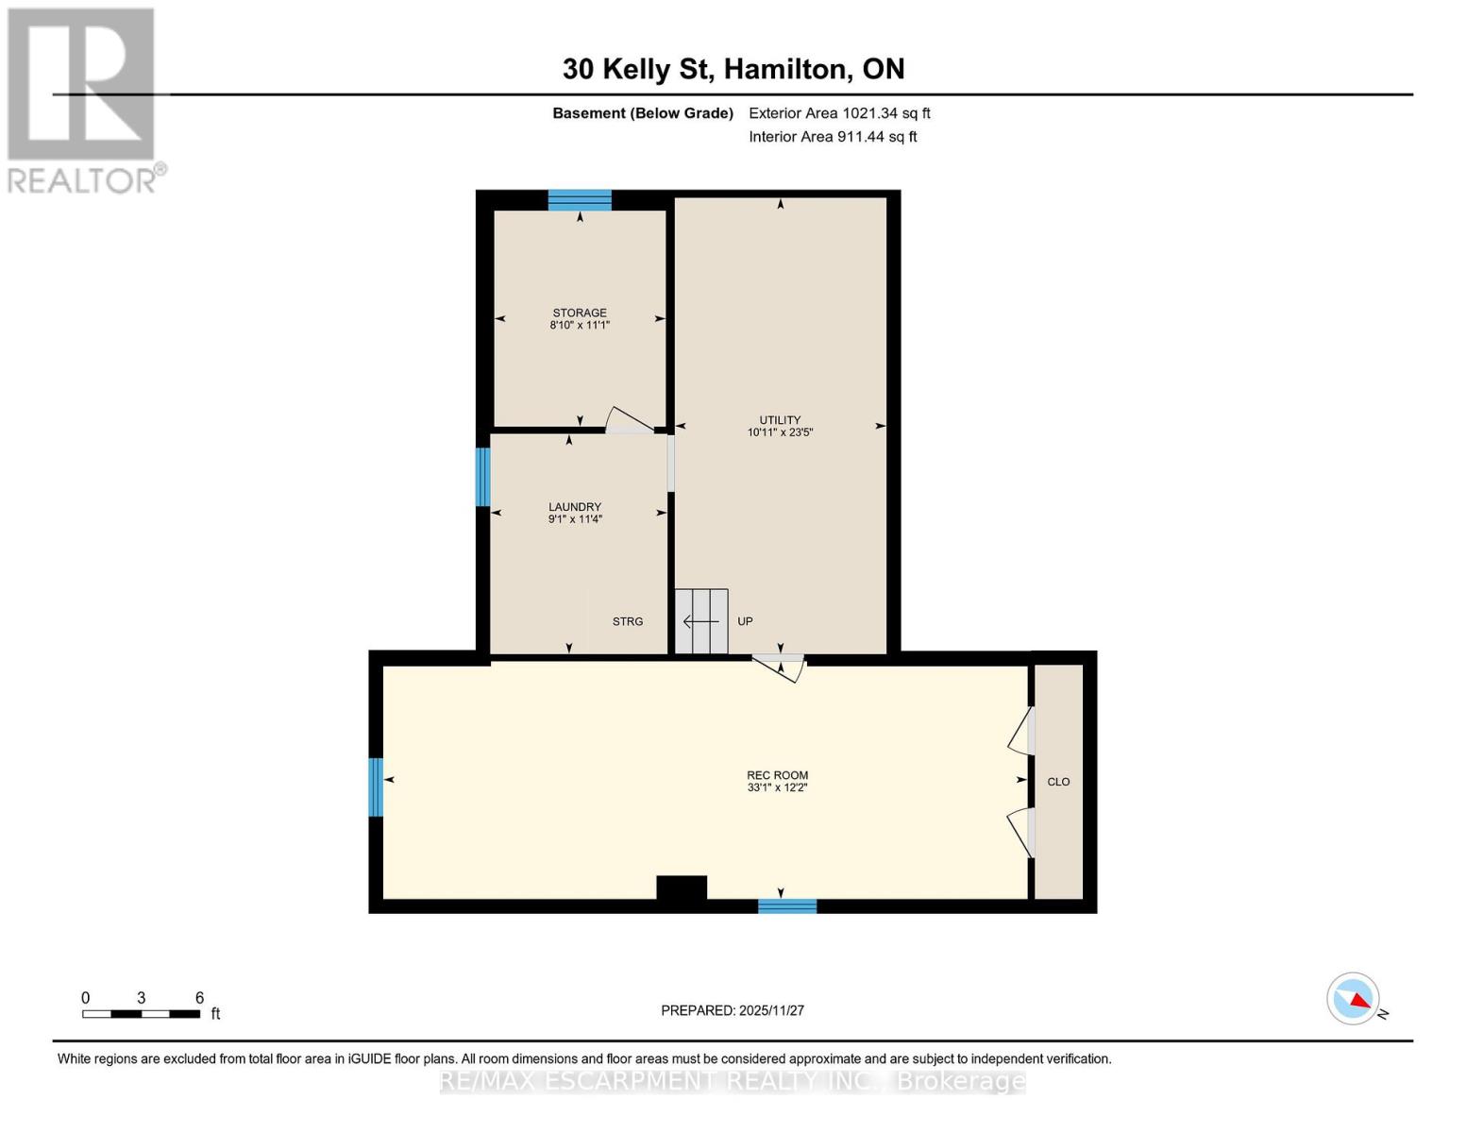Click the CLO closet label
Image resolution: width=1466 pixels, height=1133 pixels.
[x=1058, y=782]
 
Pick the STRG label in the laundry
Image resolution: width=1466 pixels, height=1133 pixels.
[x=628, y=621]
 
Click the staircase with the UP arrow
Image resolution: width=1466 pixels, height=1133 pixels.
[x=701, y=621]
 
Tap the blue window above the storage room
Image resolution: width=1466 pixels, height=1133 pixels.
[x=580, y=200]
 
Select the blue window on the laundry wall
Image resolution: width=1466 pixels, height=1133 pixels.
[x=482, y=477]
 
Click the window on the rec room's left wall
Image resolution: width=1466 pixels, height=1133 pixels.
[x=376, y=787]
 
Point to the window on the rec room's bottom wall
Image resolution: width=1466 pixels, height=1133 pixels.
[x=787, y=906]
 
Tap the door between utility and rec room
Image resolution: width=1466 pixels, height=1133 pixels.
[x=780, y=666]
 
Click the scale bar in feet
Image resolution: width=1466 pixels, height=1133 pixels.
[x=142, y=1014]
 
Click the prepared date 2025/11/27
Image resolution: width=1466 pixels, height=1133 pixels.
[x=733, y=1010]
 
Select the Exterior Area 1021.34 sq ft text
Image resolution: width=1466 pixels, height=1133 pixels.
[x=839, y=113]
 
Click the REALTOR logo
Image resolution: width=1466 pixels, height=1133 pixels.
[x=83, y=100]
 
